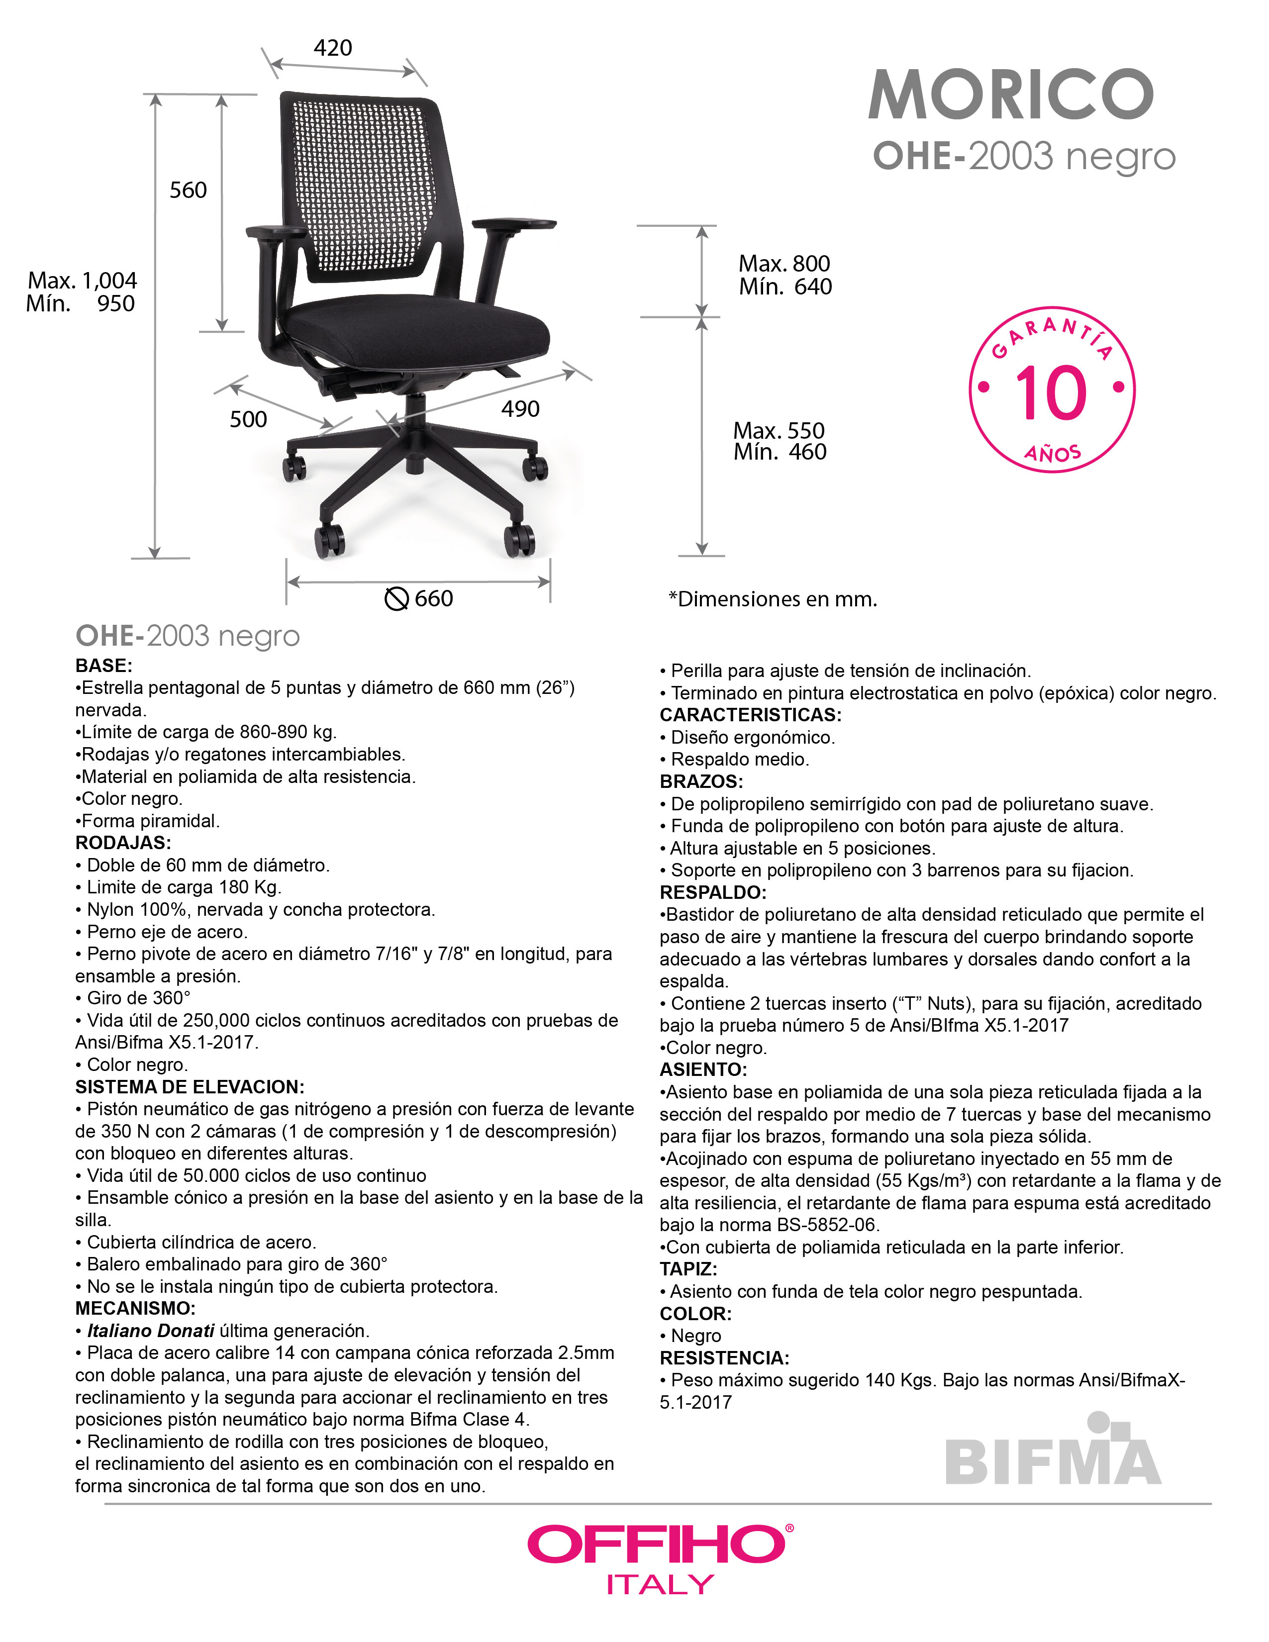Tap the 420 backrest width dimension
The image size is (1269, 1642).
click(332, 48)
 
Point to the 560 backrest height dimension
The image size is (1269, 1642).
click(188, 190)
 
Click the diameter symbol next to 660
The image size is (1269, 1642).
click(396, 599)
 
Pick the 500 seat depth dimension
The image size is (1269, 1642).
click(248, 419)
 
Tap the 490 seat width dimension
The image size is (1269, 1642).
click(520, 409)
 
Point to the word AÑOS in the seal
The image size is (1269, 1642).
click(1053, 453)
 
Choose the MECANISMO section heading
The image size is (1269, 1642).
click(135, 1308)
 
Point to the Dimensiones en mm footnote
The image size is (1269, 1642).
click(773, 599)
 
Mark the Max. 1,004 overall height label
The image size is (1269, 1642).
click(83, 281)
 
